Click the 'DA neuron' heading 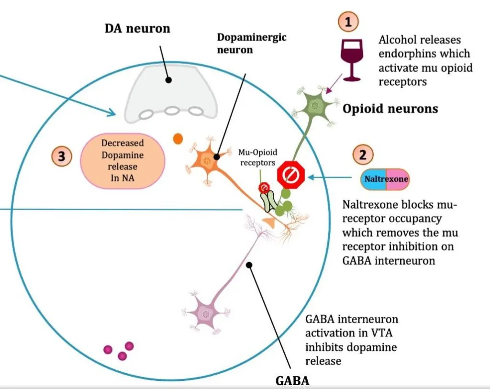[x=137, y=29]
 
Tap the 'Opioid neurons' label [x=390, y=109]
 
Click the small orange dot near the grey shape [x=178, y=139]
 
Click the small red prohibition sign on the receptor [x=264, y=188]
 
